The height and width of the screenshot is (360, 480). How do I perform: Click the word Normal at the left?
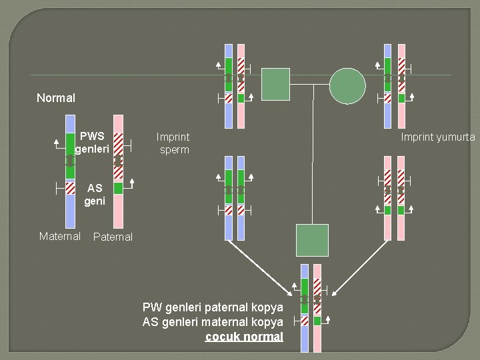pyautogui.click(x=56, y=98)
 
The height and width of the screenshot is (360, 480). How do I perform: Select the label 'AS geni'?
pyautogui.click(x=95, y=194)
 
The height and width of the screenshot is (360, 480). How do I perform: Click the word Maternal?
pyautogui.click(x=60, y=236)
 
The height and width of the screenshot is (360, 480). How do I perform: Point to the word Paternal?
pyautogui.click(x=113, y=237)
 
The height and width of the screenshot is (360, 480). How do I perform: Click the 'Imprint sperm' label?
pyautogui.click(x=173, y=143)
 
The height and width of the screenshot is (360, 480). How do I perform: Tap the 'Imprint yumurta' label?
pyautogui.click(x=438, y=137)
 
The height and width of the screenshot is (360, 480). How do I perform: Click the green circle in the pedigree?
pyautogui.click(x=347, y=86)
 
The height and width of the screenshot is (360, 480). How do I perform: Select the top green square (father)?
pyautogui.click(x=275, y=84)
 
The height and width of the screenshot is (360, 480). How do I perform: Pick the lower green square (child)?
pyautogui.click(x=312, y=240)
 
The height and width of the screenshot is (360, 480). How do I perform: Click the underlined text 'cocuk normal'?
pyautogui.click(x=244, y=337)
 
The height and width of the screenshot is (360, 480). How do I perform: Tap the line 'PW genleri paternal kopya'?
pyautogui.click(x=213, y=307)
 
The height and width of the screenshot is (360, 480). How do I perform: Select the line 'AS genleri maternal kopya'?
pyautogui.click(x=213, y=322)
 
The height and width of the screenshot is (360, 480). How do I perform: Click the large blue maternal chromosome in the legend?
pyautogui.click(x=71, y=213)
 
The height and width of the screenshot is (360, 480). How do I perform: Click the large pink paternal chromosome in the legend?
pyautogui.click(x=118, y=213)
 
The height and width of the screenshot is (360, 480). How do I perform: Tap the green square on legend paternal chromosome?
pyautogui.click(x=118, y=189)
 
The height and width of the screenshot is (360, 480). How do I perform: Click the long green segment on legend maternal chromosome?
pyautogui.click(x=71, y=157)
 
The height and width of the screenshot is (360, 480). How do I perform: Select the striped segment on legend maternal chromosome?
pyautogui.click(x=71, y=189)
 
